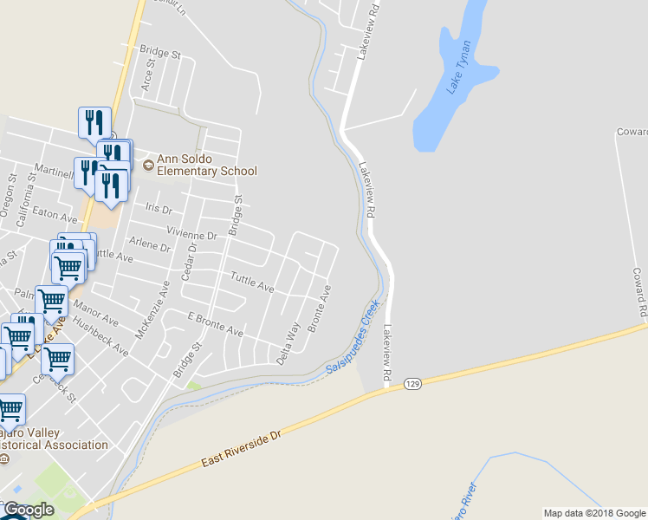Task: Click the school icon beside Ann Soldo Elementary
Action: point(148,163)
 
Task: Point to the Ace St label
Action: point(147,75)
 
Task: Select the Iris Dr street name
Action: point(159,209)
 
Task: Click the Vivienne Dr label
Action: point(191,235)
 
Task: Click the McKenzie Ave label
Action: point(152,309)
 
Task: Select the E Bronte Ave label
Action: point(215,325)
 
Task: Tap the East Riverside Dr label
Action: point(243,447)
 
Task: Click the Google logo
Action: point(28,510)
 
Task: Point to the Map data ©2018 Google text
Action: point(594,513)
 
